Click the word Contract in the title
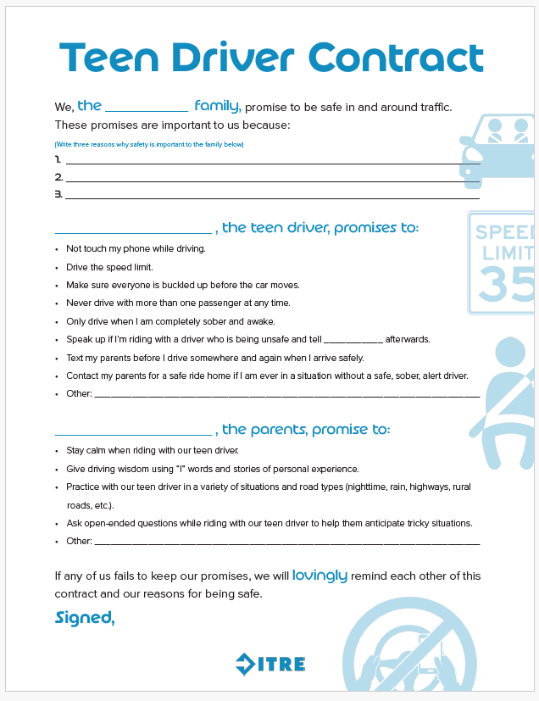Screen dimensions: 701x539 click(x=396, y=58)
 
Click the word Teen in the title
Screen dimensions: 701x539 click(x=107, y=58)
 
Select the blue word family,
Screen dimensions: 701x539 click(x=218, y=106)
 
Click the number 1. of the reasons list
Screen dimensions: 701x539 click(x=58, y=159)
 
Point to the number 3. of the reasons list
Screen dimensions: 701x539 click(x=58, y=194)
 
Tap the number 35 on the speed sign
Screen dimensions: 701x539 click(x=506, y=284)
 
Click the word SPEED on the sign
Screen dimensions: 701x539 click(x=504, y=232)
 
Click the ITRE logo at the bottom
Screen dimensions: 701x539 click(x=270, y=664)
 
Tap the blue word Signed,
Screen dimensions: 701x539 click(x=85, y=618)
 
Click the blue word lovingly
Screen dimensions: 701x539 click(x=320, y=576)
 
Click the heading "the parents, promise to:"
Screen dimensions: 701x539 click(x=306, y=430)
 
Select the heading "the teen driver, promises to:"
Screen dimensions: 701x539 click(x=320, y=228)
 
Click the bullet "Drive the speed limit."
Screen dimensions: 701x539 click(x=109, y=267)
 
